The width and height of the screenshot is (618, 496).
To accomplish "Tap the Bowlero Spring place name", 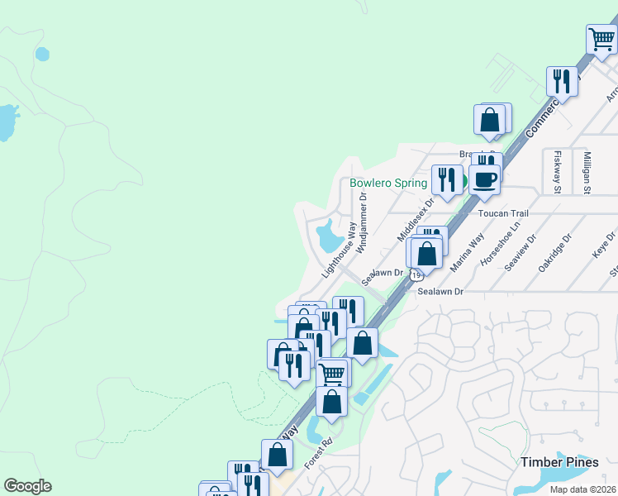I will [387, 183].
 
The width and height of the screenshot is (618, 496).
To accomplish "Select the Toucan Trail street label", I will [503, 213].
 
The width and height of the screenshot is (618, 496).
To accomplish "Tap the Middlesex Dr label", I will [415, 219].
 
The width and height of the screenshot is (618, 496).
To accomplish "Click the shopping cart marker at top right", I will [601, 38].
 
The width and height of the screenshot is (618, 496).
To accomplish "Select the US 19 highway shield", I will [416, 274].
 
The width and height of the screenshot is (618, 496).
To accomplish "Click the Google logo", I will [27, 486].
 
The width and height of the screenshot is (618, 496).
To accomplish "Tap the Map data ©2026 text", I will [583, 489].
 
